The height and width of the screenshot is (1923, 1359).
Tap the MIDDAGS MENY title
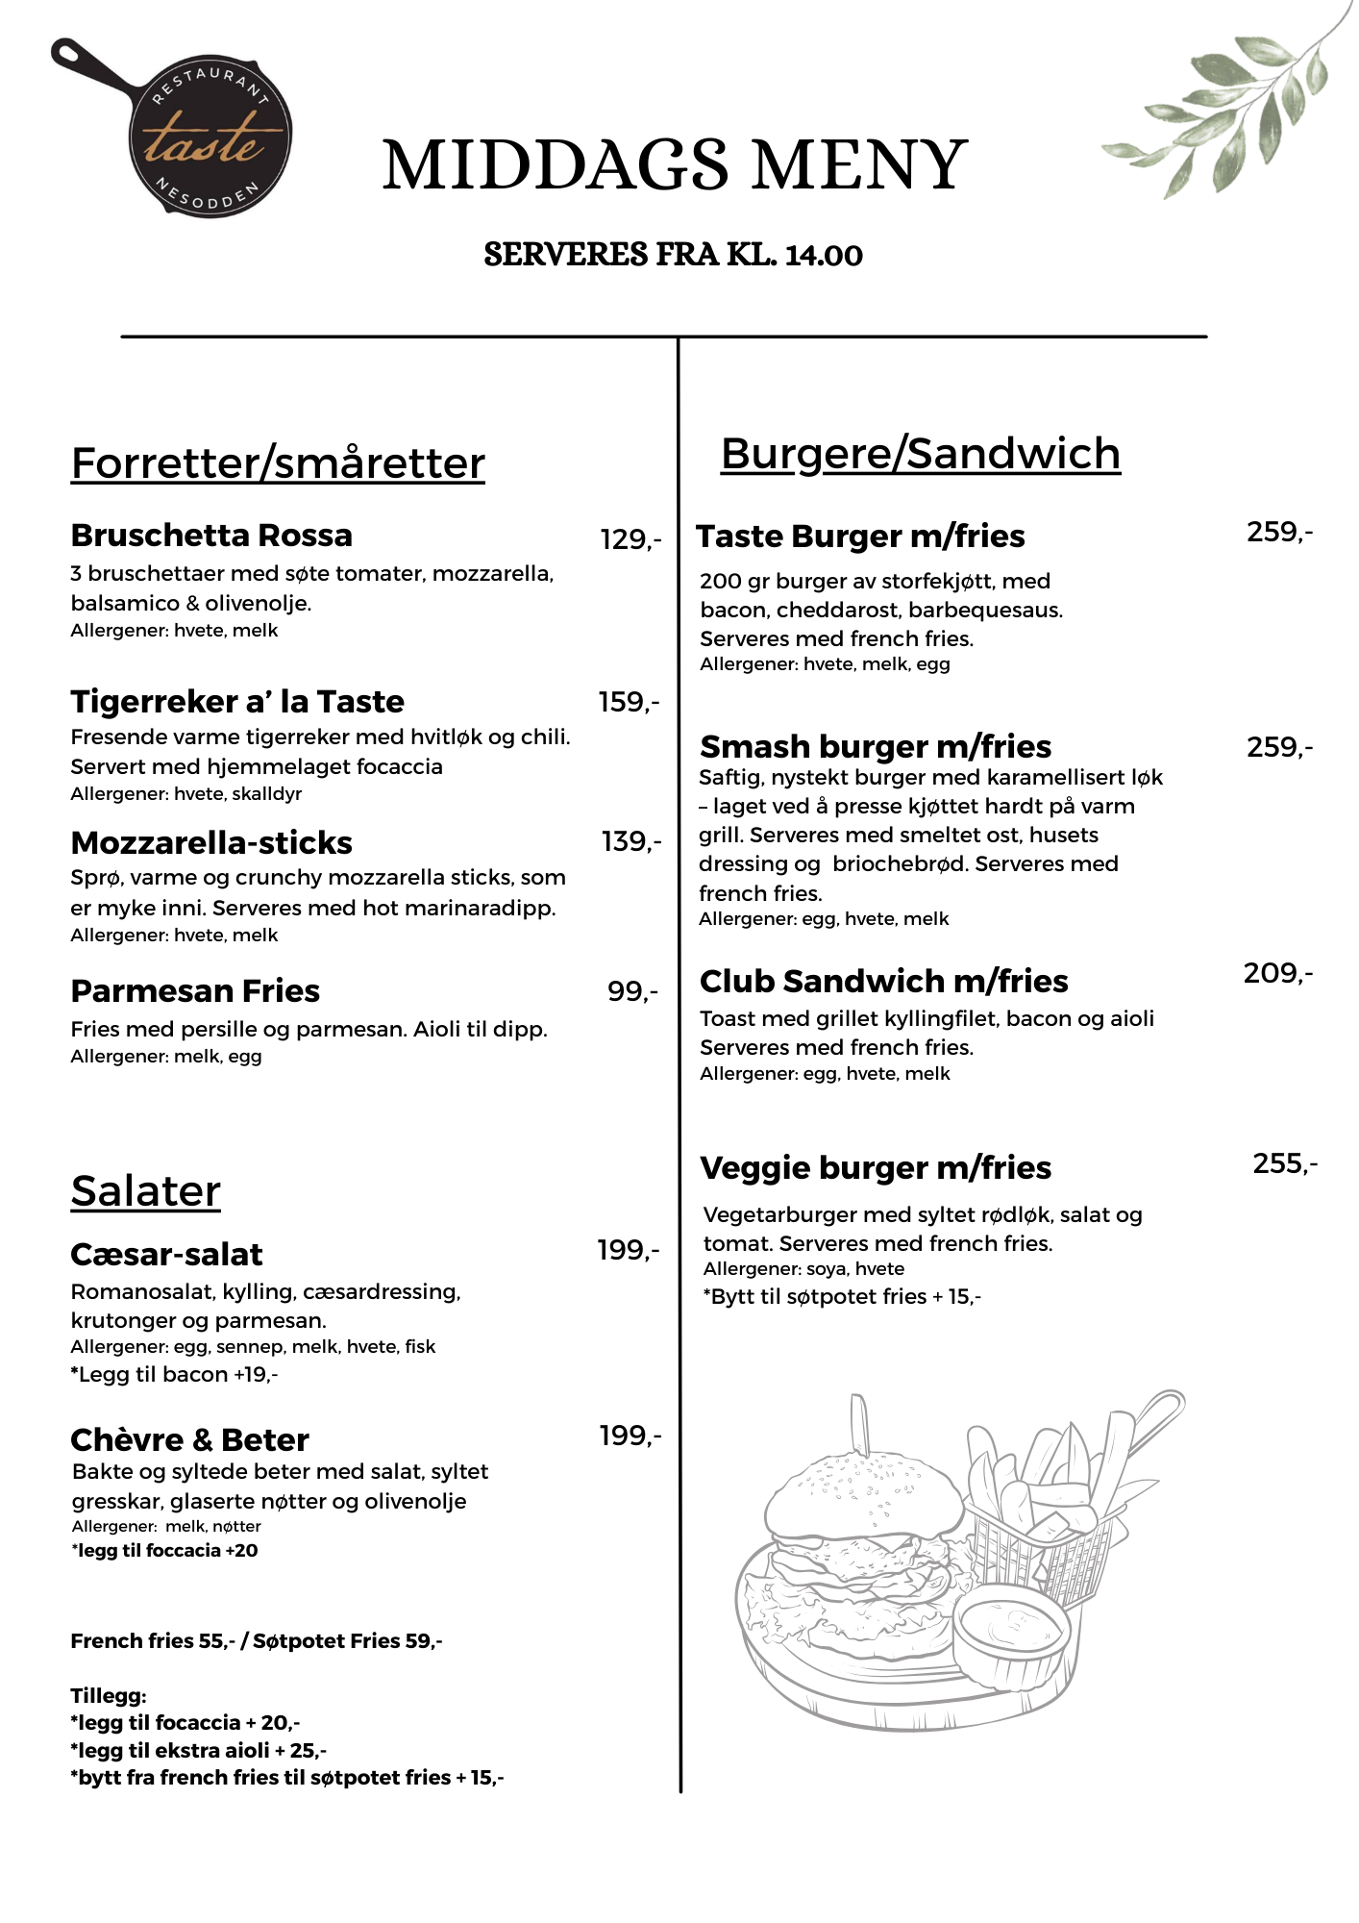[675, 165]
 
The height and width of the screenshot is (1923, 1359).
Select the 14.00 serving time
[824, 256]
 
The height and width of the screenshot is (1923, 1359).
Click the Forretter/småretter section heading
[278, 463]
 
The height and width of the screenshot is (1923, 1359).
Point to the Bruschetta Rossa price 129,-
[630, 540]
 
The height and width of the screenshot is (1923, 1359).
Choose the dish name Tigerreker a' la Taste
[237, 702]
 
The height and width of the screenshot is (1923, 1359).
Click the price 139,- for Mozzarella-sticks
[631, 842]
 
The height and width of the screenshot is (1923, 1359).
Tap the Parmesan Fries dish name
[195, 991]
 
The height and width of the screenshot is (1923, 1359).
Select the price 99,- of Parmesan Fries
[632, 991]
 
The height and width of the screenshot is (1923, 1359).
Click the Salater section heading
[146, 1191]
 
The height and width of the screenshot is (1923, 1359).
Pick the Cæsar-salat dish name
[166, 1255]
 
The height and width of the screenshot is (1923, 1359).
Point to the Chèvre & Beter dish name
[189, 1440]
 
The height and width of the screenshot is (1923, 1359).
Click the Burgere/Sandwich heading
[920, 454]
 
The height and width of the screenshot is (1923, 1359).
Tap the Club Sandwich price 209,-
[1277, 974]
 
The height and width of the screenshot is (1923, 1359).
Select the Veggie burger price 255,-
[1285, 1164]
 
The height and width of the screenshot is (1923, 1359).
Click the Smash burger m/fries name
[876, 747]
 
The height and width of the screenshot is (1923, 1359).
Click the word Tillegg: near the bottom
[109, 1696]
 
